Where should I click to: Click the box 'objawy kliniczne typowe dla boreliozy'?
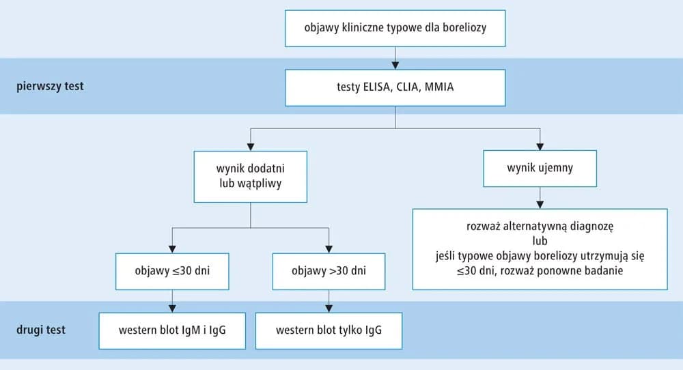[x=395, y=28]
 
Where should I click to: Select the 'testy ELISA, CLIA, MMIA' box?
[x=395, y=87]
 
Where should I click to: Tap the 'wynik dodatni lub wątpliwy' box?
[x=250, y=177]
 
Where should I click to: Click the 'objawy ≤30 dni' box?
[x=171, y=270]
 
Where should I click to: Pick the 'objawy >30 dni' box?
[x=329, y=270]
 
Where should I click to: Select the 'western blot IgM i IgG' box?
[x=171, y=330]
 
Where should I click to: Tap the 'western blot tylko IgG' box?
[x=329, y=330]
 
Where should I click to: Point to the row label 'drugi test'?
[x=41, y=330]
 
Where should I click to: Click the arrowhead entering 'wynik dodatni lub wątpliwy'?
[x=250, y=147]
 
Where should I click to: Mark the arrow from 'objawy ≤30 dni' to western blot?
[x=171, y=300]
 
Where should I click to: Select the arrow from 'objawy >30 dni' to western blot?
[x=329, y=300]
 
